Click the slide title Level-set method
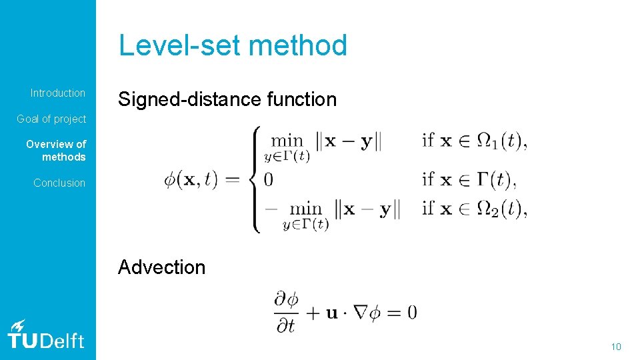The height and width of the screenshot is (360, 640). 233,46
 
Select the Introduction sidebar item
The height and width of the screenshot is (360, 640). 58,93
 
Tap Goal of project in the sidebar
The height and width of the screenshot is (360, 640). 51,119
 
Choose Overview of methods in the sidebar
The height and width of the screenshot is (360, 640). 56,151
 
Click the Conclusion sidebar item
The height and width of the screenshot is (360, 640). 59,183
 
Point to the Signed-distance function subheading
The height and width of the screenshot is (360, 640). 227,100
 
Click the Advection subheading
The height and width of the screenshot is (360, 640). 162,267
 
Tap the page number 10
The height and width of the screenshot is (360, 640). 616,347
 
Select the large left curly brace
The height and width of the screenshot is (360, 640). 253,179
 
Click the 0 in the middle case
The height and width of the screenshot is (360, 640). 269,179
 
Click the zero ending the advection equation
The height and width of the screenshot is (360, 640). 411,312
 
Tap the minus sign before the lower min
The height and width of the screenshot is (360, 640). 270,208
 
